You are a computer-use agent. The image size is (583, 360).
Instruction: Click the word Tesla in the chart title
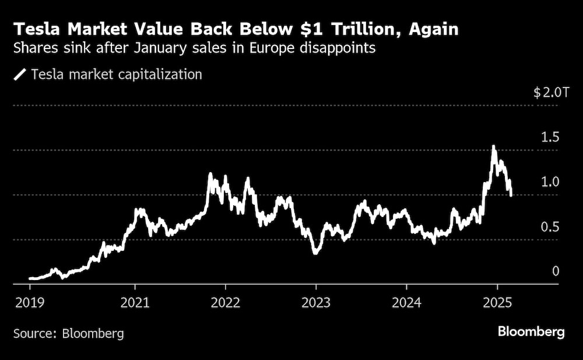click(x=38, y=29)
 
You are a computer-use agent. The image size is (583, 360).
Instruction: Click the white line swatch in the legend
click(x=20, y=75)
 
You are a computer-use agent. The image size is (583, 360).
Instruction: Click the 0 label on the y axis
click(x=556, y=271)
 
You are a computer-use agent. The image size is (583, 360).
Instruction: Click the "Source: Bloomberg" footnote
click(x=69, y=334)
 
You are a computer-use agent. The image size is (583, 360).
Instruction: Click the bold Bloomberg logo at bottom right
click(x=531, y=332)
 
